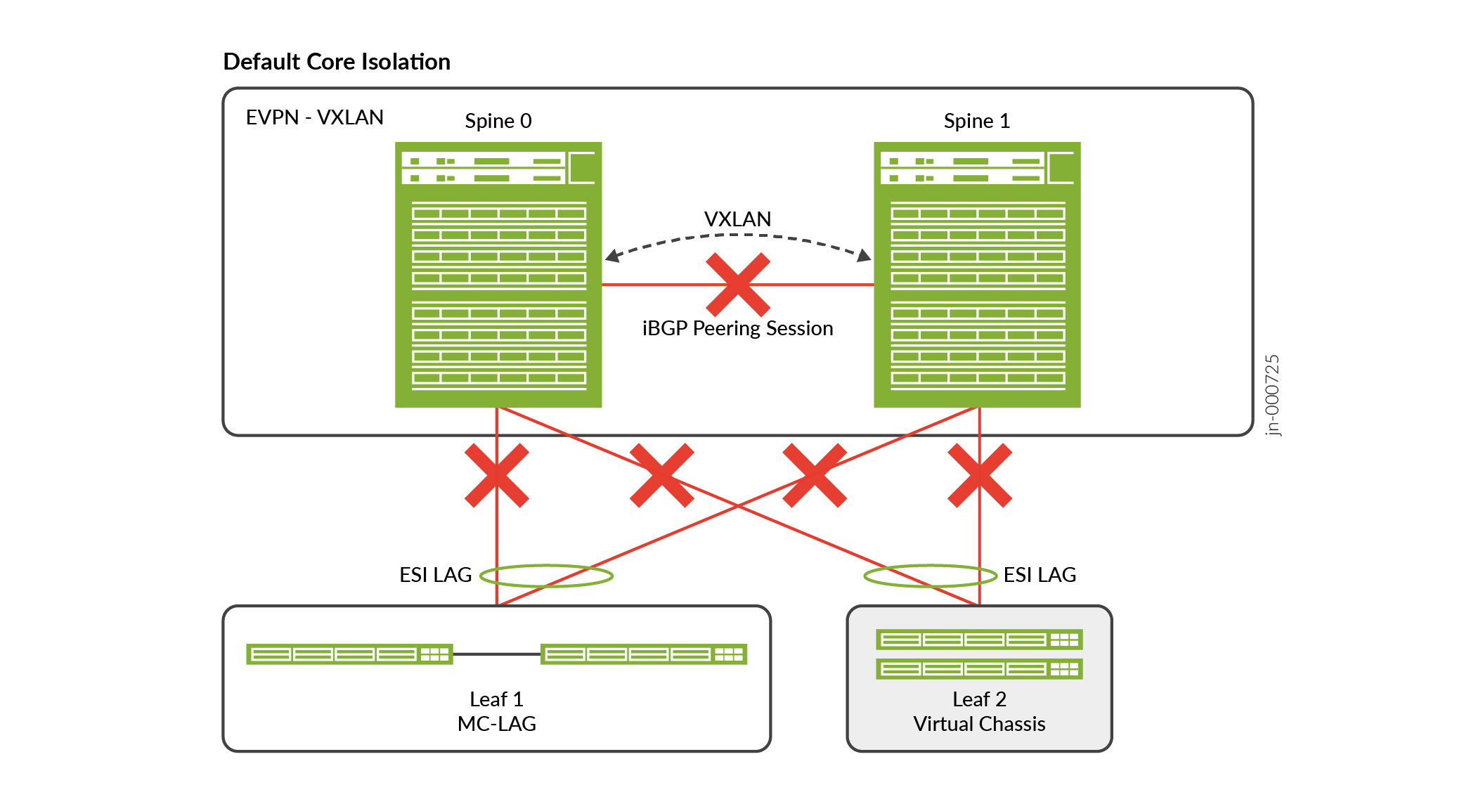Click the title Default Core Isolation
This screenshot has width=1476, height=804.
(x=337, y=62)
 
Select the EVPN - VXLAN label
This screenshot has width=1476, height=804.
(x=314, y=117)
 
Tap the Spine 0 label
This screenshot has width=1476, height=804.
(x=498, y=121)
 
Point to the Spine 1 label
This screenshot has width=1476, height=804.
(x=976, y=121)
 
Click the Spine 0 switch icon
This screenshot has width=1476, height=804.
(x=498, y=275)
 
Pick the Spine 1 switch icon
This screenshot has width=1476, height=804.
(x=977, y=275)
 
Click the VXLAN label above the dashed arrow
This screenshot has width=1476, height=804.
(x=737, y=219)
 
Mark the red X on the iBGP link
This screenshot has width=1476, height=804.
(x=738, y=285)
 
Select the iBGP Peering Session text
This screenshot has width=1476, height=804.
(x=737, y=328)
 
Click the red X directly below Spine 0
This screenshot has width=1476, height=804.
(x=497, y=475)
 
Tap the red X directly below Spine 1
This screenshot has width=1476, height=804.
(x=980, y=475)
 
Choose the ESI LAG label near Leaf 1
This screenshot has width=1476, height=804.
(x=435, y=575)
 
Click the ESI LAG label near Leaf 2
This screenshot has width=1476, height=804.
(x=1040, y=575)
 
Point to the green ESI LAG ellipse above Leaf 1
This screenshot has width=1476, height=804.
(x=546, y=566)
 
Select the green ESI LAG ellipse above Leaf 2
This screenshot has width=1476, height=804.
(x=930, y=566)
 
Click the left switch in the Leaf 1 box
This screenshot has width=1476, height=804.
(x=349, y=654)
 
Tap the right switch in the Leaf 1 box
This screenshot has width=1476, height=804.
(x=643, y=654)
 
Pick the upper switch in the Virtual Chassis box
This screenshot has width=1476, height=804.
(x=979, y=640)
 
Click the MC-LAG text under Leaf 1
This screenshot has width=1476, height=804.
(x=496, y=724)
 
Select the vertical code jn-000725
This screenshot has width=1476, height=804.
(x=1272, y=395)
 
